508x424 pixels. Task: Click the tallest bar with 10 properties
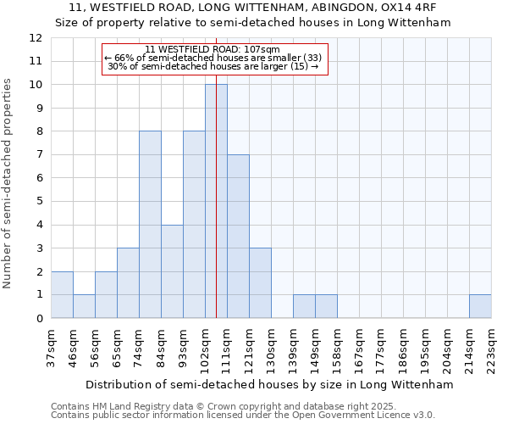pyautogui.click(x=216, y=201)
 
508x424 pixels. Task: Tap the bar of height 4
pyautogui.click(x=172, y=271)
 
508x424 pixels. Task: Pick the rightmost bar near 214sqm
pyautogui.click(x=480, y=306)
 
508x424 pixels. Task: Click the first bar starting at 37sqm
pyautogui.click(x=62, y=294)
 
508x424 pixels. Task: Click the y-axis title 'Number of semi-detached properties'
pyautogui.click(x=8, y=183)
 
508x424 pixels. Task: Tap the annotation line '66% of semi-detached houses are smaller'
pyautogui.click(x=212, y=58)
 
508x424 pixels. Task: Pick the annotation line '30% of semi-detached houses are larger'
pyautogui.click(x=212, y=66)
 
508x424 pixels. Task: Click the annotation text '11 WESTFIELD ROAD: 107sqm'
pyautogui.click(x=212, y=49)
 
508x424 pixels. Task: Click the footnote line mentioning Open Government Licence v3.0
pyautogui.click(x=243, y=415)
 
